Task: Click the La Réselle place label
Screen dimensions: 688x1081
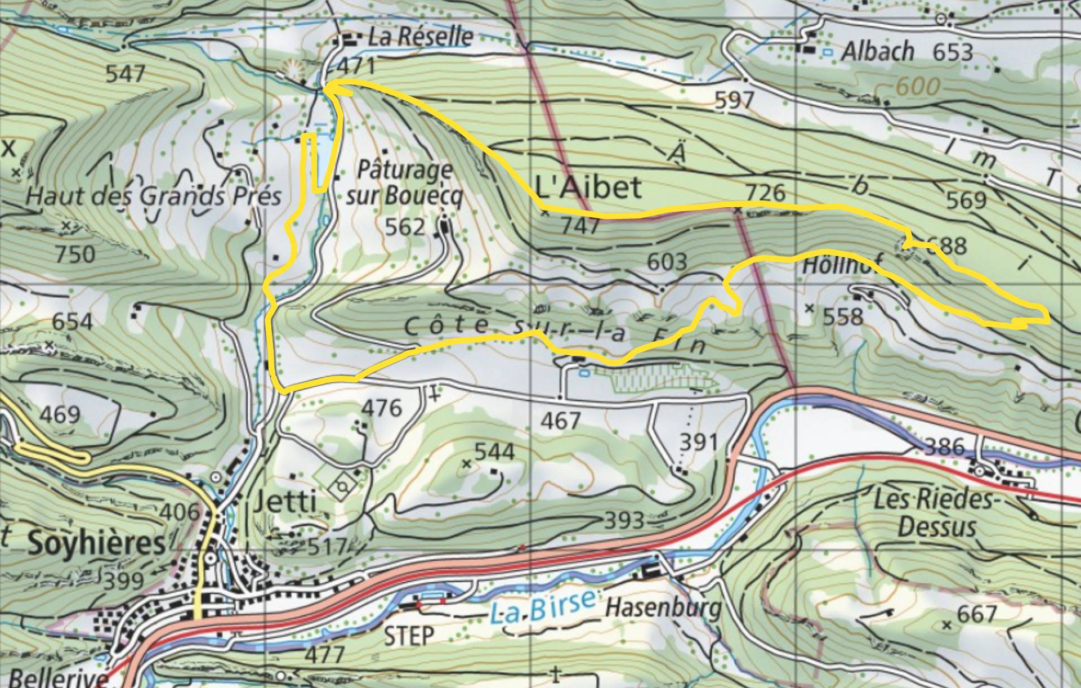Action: [x=420, y=38]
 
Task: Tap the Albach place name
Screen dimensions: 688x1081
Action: [x=877, y=52]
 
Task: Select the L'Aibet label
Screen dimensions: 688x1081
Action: [x=588, y=187]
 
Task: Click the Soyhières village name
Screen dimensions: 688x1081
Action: [x=97, y=544]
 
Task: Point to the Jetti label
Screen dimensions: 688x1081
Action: [x=285, y=502]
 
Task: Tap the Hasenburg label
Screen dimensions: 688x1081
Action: [x=663, y=608]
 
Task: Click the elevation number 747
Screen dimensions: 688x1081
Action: [x=580, y=226]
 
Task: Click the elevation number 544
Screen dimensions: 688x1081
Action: [x=494, y=452]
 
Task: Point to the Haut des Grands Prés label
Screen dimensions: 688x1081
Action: [x=153, y=196]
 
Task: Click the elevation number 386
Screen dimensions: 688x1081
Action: [x=944, y=448]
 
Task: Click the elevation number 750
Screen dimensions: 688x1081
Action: [x=75, y=255]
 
